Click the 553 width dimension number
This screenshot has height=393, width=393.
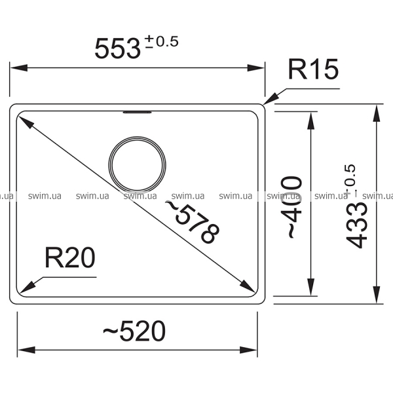pyautogui.click(x=117, y=48)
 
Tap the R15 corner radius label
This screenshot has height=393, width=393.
pyautogui.click(x=313, y=69)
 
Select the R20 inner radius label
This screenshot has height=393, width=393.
pyautogui.click(x=70, y=257)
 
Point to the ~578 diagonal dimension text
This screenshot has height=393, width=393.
pyautogui.click(x=193, y=222)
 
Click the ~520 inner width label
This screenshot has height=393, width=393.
pyautogui.click(x=134, y=331)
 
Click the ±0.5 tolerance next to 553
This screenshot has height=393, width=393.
pyautogui.click(x=162, y=41)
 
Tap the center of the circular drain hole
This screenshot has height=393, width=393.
pyautogui.click(x=137, y=165)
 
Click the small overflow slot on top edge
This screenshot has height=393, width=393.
pyautogui.click(x=137, y=112)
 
